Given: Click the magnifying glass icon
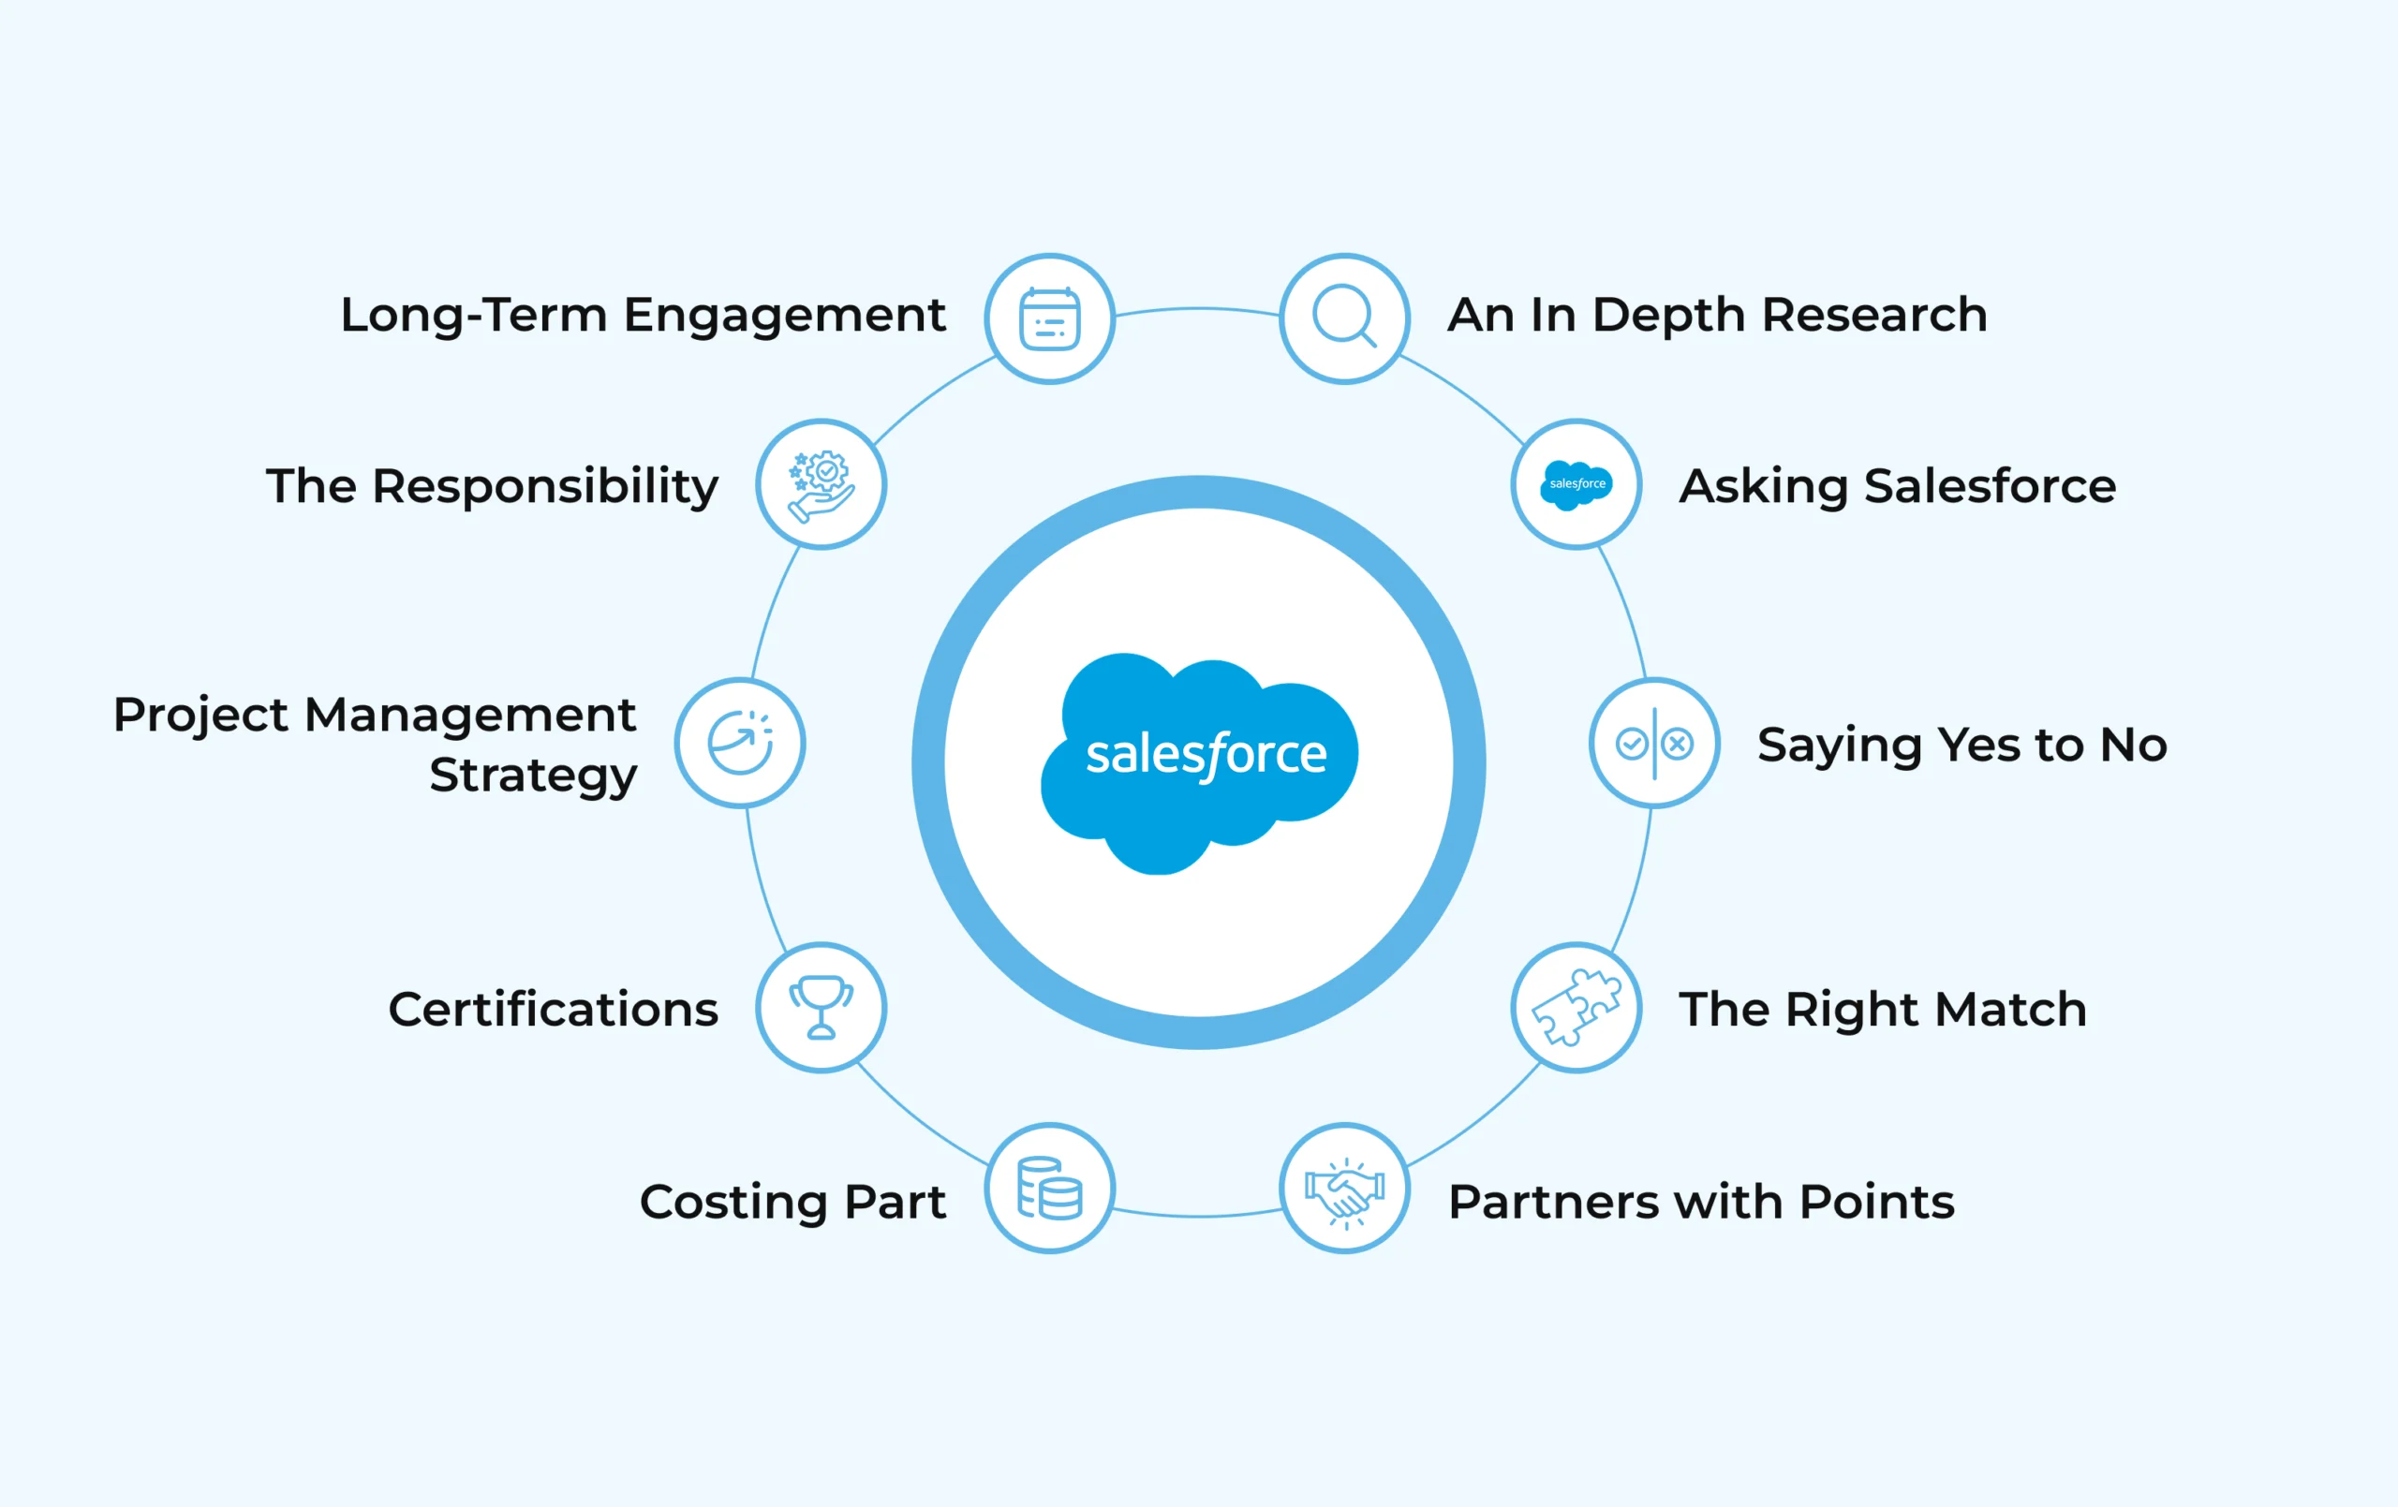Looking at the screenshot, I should [x=1343, y=318].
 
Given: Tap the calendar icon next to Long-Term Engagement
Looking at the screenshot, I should [x=1050, y=318].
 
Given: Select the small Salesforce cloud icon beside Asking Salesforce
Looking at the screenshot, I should [x=1576, y=484].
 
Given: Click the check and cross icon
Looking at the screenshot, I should [x=1654, y=743].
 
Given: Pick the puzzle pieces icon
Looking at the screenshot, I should [x=1576, y=1007].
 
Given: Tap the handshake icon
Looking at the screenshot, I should [x=1344, y=1189].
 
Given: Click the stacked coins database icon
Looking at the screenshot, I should [x=1050, y=1189].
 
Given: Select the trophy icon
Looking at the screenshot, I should [x=821, y=1007].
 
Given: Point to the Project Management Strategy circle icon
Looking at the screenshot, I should [x=740, y=743].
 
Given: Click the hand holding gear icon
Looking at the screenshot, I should [x=821, y=484].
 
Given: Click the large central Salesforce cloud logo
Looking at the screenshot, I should [x=1199, y=762].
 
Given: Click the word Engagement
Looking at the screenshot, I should [x=784, y=317].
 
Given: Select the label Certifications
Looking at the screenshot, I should [x=553, y=1009].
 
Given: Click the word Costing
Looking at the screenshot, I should [x=733, y=1203].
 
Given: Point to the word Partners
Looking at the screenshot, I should [x=1553, y=1202].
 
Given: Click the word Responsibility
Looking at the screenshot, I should [x=545, y=487].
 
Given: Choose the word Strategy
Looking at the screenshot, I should [x=533, y=776].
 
